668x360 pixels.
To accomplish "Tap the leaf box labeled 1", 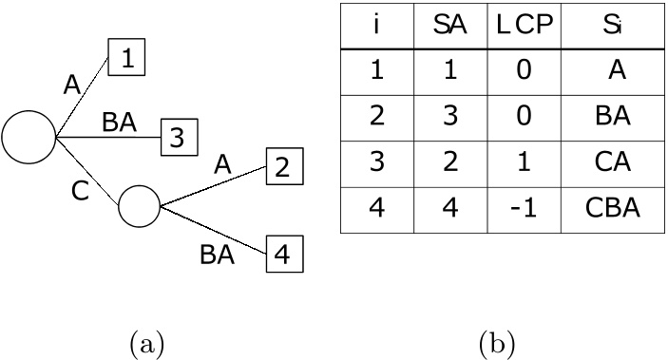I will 126,60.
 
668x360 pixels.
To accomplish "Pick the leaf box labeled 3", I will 176,138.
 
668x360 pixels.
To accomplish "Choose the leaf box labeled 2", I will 281,167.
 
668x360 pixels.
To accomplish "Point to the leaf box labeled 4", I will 281,255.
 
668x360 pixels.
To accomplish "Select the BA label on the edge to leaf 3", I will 120,122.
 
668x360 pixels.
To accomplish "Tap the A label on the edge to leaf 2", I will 222,164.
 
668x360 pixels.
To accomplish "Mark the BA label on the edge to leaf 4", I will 218,255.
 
